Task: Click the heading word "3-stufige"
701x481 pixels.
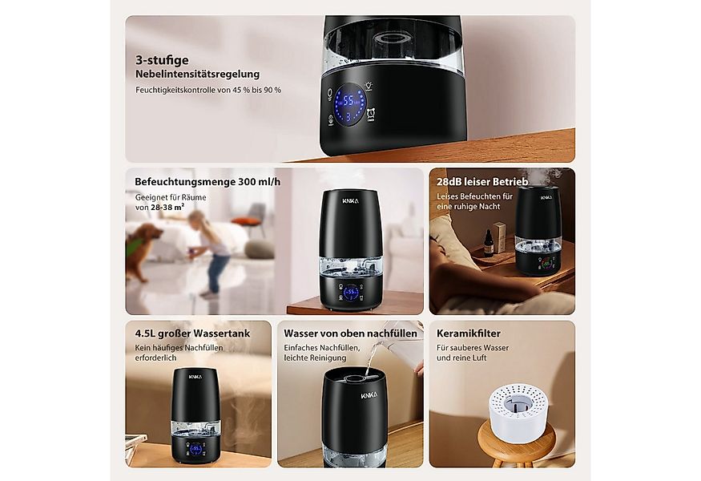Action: (x=162, y=59)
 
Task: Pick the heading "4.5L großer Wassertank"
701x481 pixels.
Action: (x=192, y=333)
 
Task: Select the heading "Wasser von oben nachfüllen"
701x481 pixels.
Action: (x=351, y=333)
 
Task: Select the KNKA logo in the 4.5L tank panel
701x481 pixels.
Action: (x=195, y=374)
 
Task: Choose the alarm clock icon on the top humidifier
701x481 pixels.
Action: (x=373, y=117)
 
